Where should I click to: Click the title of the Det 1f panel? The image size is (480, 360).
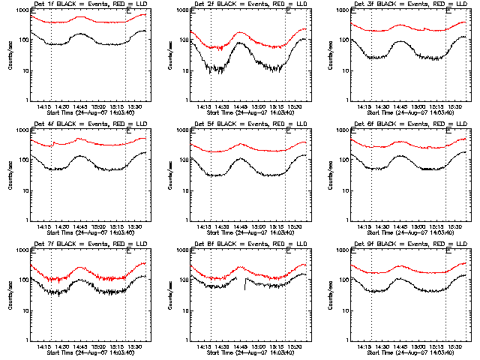tap(83, 4)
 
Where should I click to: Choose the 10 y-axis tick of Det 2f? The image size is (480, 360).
tap(184, 70)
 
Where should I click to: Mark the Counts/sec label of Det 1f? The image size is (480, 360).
tap(9, 55)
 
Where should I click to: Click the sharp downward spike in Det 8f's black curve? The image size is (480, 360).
tap(245, 292)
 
